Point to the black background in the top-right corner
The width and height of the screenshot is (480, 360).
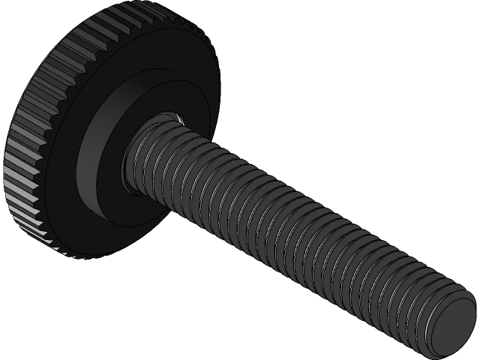(x=450, y=30)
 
